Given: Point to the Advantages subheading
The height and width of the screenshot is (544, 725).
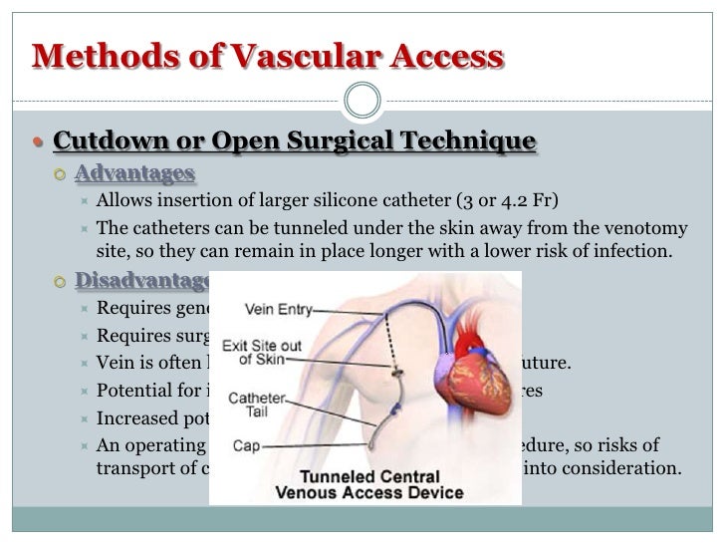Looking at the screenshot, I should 134,173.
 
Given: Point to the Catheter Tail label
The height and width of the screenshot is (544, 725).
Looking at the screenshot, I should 258,405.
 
